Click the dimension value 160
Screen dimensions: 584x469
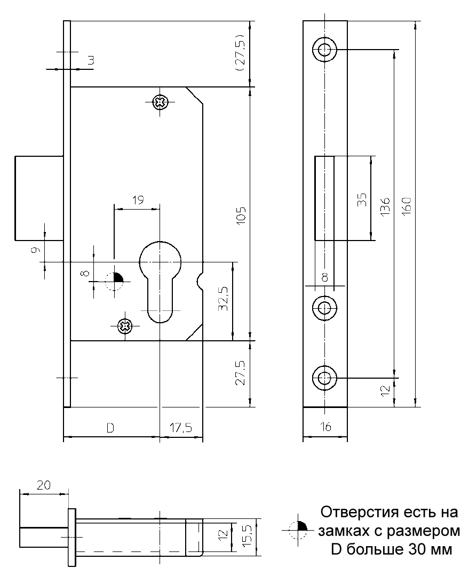click(406, 205)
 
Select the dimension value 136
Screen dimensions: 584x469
click(386, 206)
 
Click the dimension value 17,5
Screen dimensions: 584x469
click(181, 428)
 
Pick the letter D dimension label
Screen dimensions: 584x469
click(109, 428)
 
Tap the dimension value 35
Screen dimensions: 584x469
click(362, 199)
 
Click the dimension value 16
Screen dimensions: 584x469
click(325, 427)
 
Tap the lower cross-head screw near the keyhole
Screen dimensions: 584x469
click(124, 326)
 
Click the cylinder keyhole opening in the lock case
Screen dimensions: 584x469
click(160, 280)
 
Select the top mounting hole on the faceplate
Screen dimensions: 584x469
click(324, 50)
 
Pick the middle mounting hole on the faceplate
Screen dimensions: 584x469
click(324, 307)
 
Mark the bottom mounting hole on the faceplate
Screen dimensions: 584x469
click(324, 378)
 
